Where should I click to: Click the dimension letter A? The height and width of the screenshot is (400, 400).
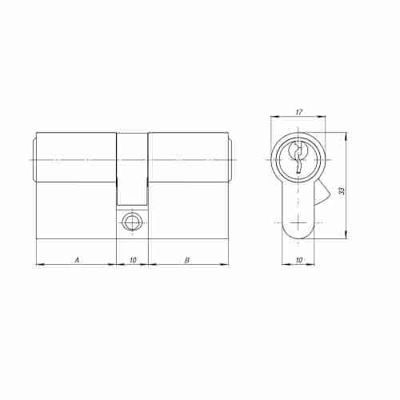click(x=77, y=258)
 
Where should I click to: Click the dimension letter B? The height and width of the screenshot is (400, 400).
click(x=186, y=258)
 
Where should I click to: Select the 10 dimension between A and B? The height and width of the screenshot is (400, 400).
click(x=132, y=258)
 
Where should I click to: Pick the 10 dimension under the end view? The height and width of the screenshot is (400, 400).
click(x=298, y=259)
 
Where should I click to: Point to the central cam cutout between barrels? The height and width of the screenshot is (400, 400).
click(x=132, y=168)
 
